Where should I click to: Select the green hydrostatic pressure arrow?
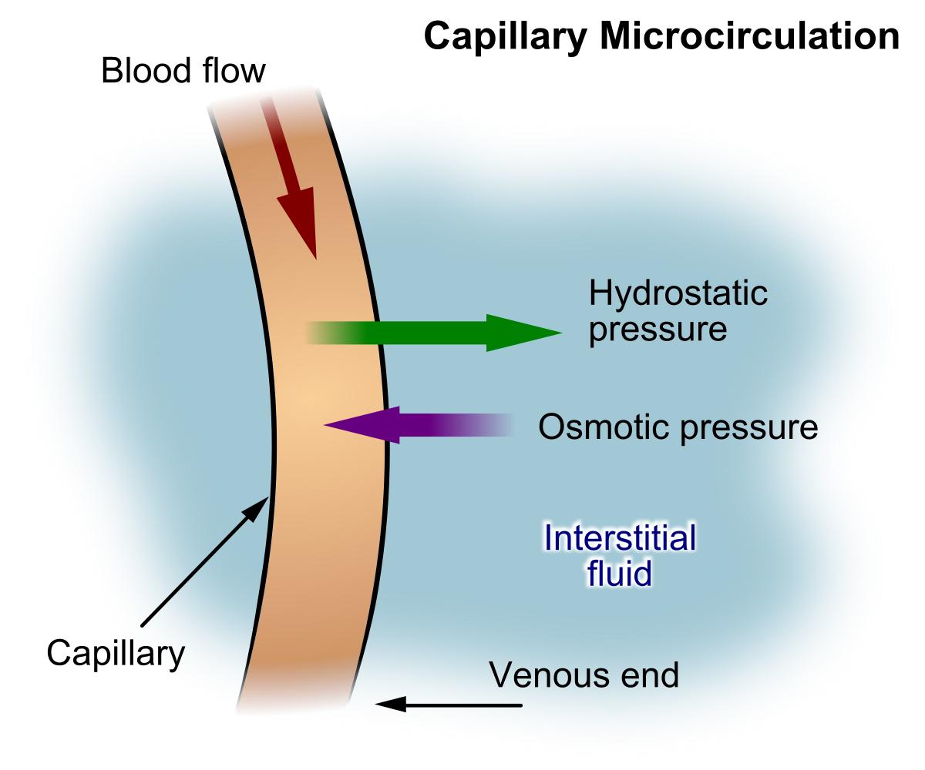[x=432, y=333]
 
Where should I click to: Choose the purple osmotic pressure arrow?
[x=416, y=425]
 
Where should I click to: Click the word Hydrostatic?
[x=678, y=293]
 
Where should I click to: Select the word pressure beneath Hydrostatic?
[x=658, y=330]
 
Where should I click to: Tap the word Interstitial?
[x=620, y=537]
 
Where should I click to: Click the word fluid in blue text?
[x=620, y=574]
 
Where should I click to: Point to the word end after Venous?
[x=651, y=675]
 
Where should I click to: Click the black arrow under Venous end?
[x=447, y=704]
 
